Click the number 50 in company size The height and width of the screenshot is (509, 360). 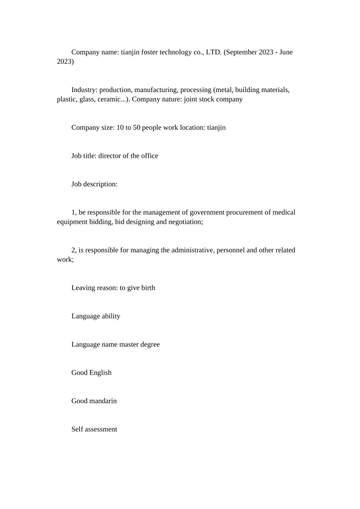(136, 128)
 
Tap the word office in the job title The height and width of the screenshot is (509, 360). (149, 156)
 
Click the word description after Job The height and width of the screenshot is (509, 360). (100, 184)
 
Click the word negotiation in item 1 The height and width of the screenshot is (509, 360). (185, 222)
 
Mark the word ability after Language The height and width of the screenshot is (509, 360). (111, 316)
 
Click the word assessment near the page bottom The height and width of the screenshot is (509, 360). (101, 429)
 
